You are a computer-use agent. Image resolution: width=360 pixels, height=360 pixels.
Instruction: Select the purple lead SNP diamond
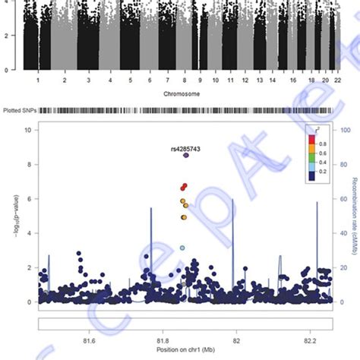click(186, 155)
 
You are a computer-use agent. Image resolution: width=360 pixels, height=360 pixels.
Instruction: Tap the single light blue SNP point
click(182, 248)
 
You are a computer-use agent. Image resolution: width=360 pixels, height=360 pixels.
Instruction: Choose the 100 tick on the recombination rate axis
click(343, 130)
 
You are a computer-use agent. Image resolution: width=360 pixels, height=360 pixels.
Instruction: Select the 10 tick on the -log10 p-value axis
click(27, 130)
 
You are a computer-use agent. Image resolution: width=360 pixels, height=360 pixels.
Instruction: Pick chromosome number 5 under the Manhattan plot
click(131, 78)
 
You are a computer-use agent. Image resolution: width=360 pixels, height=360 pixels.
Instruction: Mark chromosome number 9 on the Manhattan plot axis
click(200, 78)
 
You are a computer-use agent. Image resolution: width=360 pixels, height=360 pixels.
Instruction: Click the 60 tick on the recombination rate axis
click(342, 199)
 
